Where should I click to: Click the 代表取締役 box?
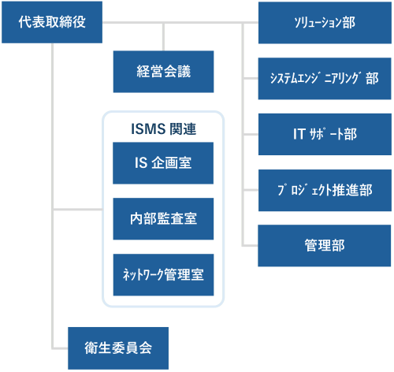(x=52, y=22)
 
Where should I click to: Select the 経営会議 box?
(x=163, y=72)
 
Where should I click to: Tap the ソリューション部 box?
(x=325, y=23)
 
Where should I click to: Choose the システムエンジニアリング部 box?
(x=325, y=79)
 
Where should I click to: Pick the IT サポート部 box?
(x=325, y=134)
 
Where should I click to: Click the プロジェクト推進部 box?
(x=325, y=190)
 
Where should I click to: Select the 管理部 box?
(x=325, y=246)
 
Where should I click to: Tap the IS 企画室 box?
(x=163, y=163)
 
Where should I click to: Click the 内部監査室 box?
(x=163, y=219)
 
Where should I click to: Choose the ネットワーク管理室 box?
(x=163, y=275)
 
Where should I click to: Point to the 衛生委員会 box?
(x=118, y=348)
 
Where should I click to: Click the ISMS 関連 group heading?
(x=163, y=128)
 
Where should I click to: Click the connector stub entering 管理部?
(x=250, y=246)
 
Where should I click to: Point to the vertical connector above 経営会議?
(x=163, y=37)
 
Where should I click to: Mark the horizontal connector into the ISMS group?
(x=78, y=210)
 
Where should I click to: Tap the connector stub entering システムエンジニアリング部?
(x=251, y=78)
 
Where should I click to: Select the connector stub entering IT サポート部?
(x=251, y=134)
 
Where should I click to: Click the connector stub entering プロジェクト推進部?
(x=251, y=190)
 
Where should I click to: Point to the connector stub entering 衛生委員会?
(x=60, y=348)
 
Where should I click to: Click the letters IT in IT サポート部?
(x=299, y=134)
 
